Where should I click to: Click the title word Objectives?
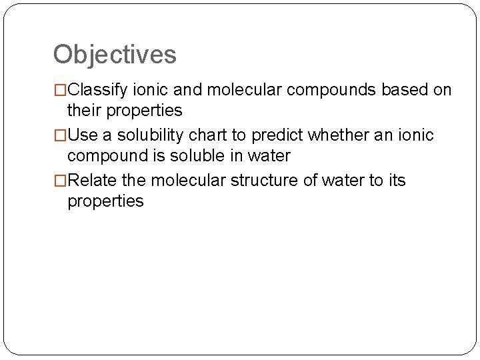point(115,55)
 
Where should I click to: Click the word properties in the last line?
point(105,201)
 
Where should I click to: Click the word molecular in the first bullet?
point(246,90)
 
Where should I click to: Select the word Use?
point(83,135)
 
